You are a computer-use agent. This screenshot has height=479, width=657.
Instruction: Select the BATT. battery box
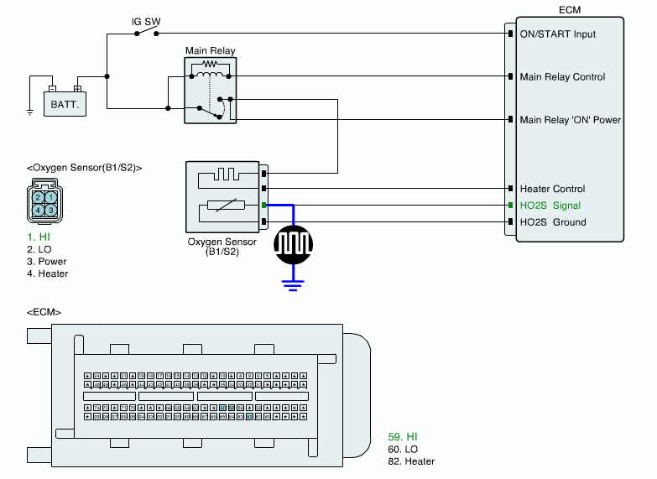point(65,105)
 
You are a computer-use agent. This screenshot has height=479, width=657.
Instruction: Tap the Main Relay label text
point(210,51)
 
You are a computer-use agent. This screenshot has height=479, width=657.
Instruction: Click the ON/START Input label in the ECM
point(558,34)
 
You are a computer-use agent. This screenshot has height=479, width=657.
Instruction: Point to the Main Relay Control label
point(562,77)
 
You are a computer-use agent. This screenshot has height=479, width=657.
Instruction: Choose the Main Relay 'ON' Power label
point(570,120)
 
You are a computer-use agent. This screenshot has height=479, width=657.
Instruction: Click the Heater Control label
point(552,189)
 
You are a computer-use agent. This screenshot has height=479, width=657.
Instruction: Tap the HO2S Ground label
point(553,222)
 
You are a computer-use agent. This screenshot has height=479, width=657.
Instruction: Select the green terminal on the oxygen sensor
point(263,206)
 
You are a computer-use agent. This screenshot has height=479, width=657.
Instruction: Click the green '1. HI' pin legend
point(38,237)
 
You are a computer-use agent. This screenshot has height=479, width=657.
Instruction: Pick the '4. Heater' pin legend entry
point(47,273)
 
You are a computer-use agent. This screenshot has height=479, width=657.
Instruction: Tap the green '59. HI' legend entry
point(403,437)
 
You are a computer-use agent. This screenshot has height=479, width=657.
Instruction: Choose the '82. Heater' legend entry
point(411,461)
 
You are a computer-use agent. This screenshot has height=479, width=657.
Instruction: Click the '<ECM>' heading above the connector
point(44,312)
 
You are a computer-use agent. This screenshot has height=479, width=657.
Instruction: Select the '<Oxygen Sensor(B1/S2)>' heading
point(84,167)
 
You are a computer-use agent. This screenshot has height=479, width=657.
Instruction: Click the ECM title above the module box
point(570,9)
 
